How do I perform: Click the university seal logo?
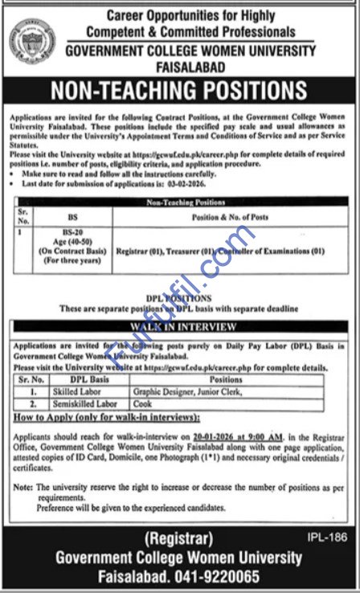pos(33,39)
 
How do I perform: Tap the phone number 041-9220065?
pos(231,577)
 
